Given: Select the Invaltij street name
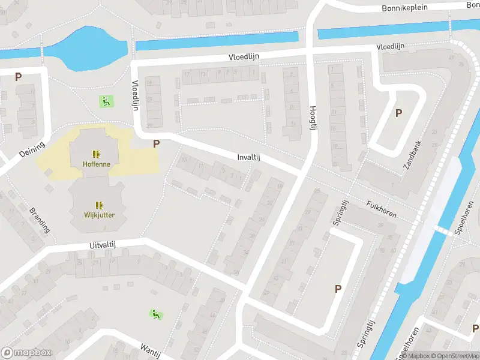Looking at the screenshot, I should (x=248, y=157).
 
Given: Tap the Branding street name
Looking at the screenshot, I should (x=40, y=220).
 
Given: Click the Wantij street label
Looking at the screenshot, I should (x=150, y=350).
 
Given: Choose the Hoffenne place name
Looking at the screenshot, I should (x=96, y=164).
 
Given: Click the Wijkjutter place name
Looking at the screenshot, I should (x=99, y=215).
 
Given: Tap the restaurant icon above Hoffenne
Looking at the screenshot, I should (x=96, y=154).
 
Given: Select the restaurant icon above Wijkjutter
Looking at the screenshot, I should (x=99, y=205).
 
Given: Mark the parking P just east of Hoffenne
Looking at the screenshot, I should (x=157, y=143).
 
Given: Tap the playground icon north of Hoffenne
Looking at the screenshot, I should (x=106, y=101).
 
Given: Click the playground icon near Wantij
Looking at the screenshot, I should (x=155, y=313).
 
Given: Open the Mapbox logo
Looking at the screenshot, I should (x=26, y=353).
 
